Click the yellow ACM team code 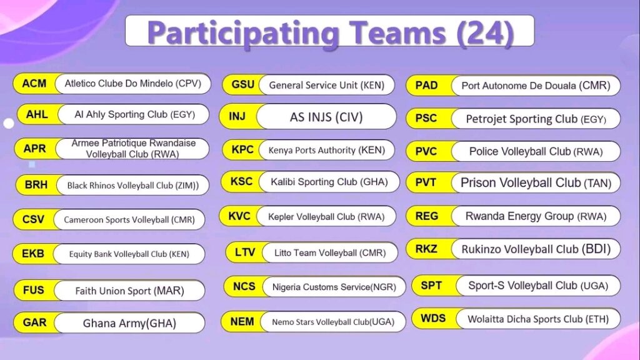click(34, 84)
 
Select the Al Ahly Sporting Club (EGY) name click(135, 114)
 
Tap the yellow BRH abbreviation click(36, 185)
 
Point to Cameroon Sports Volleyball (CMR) click(129, 219)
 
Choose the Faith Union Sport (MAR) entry click(130, 291)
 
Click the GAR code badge click(35, 322)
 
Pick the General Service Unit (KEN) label click(326, 85)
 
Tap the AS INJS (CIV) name click(326, 117)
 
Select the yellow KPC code click(242, 150)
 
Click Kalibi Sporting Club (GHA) click(329, 182)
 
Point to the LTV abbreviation click(245, 252)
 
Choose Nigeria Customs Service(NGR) click(334, 287)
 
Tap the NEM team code click(242, 322)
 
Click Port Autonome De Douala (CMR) click(536, 86)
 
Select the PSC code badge click(426, 118)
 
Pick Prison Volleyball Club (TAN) click(536, 183)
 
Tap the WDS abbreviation click(433, 318)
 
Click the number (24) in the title click(485, 32)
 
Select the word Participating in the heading click(243, 34)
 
